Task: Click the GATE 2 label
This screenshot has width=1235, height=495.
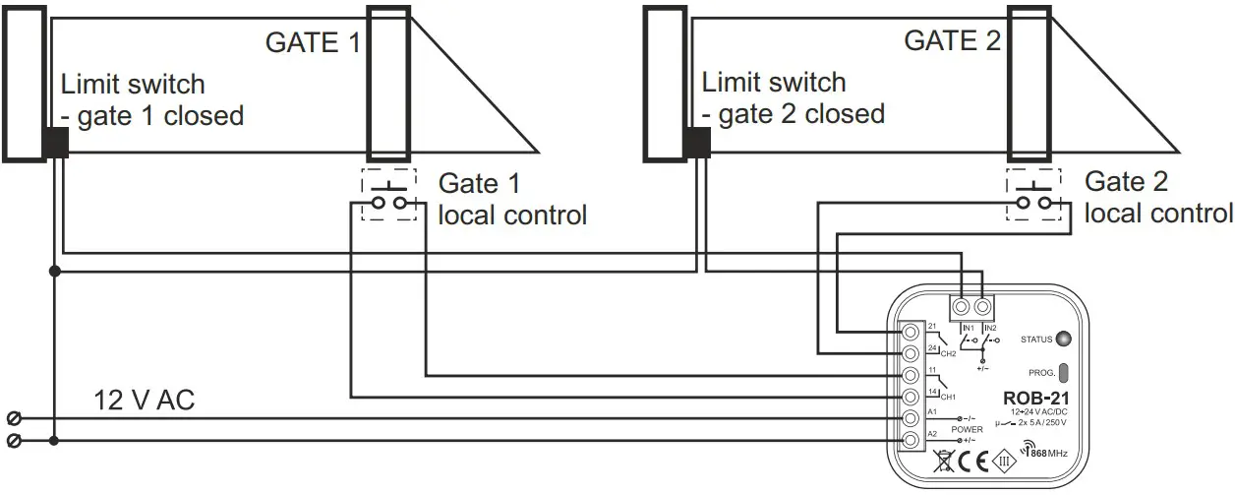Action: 952,40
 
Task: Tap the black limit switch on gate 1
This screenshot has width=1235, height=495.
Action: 55,144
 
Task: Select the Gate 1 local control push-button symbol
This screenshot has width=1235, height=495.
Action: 388,195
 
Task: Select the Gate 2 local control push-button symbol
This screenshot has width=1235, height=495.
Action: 1032,195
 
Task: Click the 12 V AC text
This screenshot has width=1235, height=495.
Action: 145,400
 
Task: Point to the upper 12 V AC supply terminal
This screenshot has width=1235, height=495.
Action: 15,417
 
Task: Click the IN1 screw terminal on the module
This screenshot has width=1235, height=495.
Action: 964,307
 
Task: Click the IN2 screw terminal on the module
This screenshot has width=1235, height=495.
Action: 981,307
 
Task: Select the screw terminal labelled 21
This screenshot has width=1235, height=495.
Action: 911,332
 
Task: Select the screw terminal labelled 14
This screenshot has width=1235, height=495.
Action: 911,397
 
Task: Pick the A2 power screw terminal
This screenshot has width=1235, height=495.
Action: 911,440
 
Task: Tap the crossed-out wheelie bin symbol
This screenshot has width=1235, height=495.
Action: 942,460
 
